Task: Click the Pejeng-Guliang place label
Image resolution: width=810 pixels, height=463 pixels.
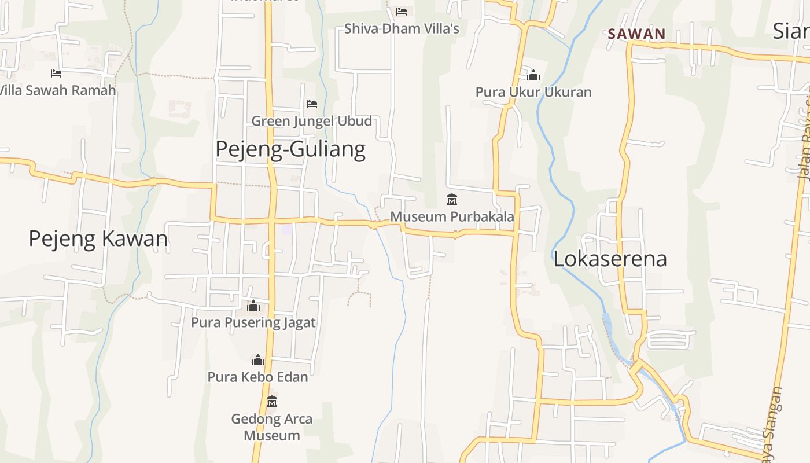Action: [290, 149]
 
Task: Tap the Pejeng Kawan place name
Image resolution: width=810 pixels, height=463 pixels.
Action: [98, 238]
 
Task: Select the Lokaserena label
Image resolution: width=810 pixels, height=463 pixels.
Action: [610, 259]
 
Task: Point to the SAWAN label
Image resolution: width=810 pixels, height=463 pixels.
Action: [636, 34]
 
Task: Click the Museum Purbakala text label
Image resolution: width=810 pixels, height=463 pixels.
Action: [452, 216]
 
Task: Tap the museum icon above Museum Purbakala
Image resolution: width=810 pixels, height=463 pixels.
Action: [452, 200]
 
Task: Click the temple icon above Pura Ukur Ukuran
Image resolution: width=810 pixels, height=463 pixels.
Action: [533, 75]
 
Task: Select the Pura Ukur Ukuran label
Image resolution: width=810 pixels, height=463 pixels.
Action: [533, 92]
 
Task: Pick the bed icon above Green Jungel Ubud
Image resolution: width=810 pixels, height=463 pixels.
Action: [312, 104]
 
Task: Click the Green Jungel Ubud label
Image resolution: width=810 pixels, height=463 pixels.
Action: [311, 121]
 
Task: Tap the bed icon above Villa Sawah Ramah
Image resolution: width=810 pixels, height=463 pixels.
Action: [56, 74]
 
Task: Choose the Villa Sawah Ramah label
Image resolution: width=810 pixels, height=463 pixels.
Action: [58, 90]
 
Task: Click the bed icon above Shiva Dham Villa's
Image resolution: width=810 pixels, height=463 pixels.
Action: [402, 12]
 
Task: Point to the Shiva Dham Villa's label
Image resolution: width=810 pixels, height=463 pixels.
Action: [402, 28]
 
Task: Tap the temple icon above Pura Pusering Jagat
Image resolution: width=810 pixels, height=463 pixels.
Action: [253, 306]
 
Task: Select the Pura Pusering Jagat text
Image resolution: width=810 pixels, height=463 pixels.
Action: [253, 322]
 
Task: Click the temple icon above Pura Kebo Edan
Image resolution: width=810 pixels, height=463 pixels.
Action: [258, 361]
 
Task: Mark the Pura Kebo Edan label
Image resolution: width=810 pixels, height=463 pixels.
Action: [258, 377]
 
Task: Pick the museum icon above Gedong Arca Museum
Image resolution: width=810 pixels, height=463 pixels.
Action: [272, 401]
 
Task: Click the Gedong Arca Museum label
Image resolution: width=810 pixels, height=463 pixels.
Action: [272, 427]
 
